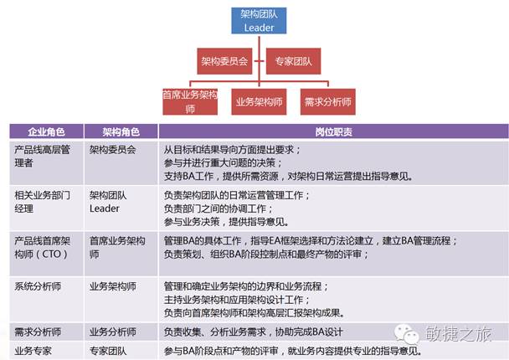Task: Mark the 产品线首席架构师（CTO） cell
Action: point(42,247)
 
